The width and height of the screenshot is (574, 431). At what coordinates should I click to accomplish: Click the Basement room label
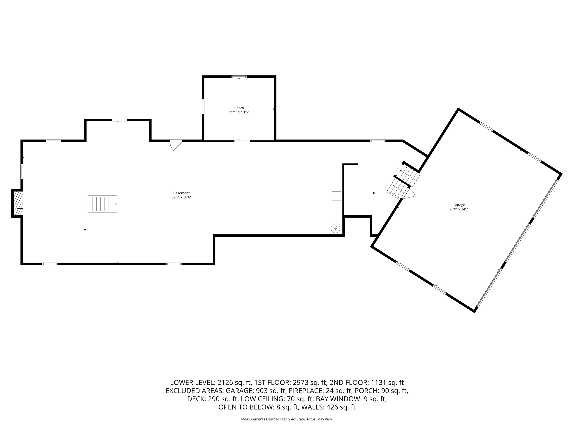181,193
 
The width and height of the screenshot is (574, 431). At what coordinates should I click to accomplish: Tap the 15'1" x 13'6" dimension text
239,112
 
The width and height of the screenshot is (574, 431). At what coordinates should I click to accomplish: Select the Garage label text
459,205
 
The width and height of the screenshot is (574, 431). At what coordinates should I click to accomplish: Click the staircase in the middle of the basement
103,204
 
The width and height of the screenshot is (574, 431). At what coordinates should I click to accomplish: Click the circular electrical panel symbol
335,228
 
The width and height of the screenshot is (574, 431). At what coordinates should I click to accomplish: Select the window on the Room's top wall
239,77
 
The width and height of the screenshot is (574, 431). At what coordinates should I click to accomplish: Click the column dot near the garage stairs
374,193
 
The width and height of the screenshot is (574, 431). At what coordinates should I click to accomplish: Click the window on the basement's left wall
22,171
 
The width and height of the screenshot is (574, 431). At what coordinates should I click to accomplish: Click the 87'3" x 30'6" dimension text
181,197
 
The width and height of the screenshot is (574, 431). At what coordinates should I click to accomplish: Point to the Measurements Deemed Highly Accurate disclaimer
287,419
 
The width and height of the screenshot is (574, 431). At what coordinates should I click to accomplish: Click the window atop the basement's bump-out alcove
119,120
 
